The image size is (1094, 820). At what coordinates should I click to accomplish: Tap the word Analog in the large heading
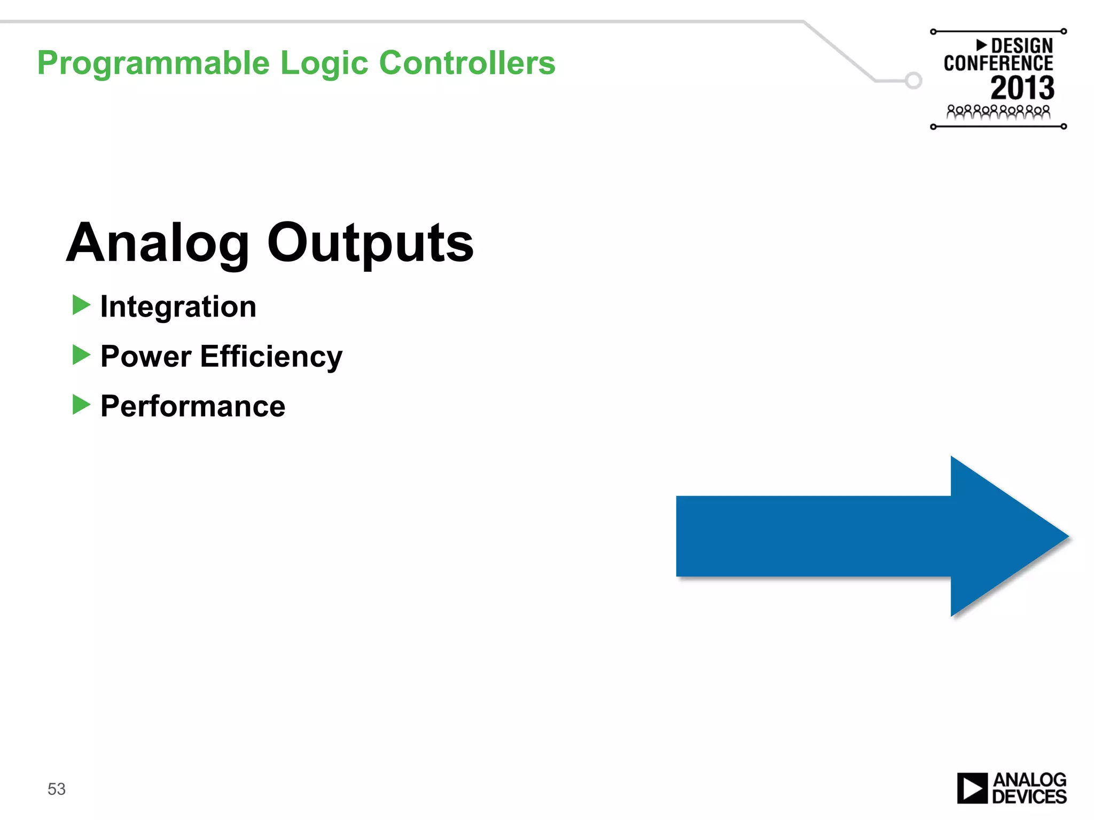(158, 245)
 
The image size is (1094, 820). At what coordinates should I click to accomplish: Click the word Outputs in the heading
(370, 245)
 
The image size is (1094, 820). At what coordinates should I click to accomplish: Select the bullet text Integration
(178, 307)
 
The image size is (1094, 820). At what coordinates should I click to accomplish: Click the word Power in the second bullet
(146, 357)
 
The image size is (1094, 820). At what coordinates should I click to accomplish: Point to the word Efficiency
(271, 357)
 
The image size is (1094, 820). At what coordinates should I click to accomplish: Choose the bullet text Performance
(193, 406)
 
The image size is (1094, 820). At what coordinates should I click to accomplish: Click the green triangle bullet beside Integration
(81, 305)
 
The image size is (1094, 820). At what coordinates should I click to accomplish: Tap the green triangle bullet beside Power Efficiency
(81, 355)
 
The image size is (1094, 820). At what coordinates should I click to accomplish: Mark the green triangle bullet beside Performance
(81, 405)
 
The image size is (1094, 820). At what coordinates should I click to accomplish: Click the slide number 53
(57, 789)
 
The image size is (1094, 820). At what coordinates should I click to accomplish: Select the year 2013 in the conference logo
(1022, 88)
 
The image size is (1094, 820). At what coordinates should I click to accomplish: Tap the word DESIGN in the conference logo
(1021, 46)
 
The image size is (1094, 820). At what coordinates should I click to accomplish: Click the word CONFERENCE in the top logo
(998, 64)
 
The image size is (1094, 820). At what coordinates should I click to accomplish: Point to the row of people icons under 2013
(998, 112)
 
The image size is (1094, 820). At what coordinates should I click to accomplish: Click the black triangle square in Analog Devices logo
(972, 789)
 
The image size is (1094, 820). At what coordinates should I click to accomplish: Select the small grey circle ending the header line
(913, 81)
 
